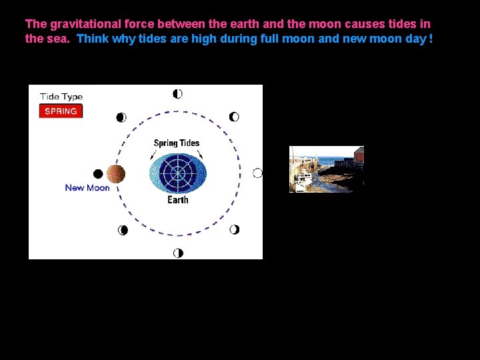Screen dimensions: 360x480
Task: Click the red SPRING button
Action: coord(61,111)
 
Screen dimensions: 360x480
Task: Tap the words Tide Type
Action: coord(61,97)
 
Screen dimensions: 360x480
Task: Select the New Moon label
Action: coord(87,188)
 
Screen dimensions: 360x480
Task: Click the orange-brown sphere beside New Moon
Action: coord(116,174)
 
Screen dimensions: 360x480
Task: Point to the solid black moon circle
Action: coord(98,174)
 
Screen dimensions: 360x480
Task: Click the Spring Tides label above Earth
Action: coord(177,143)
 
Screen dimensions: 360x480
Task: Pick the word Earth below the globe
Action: coord(178,200)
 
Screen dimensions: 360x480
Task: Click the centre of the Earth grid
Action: coord(178,173)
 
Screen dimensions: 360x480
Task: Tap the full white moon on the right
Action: coord(257,173)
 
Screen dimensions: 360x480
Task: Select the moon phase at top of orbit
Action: coord(177,94)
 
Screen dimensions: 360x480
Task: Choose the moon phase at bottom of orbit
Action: coord(178,253)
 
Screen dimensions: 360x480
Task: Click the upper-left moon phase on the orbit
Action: coord(121,117)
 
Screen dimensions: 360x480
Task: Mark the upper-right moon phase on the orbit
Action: coord(234,117)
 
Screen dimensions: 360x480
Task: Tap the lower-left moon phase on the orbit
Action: coord(123,230)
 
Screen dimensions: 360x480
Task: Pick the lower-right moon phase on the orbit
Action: coord(234,230)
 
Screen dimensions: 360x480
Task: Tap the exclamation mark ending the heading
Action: coord(431,39)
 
